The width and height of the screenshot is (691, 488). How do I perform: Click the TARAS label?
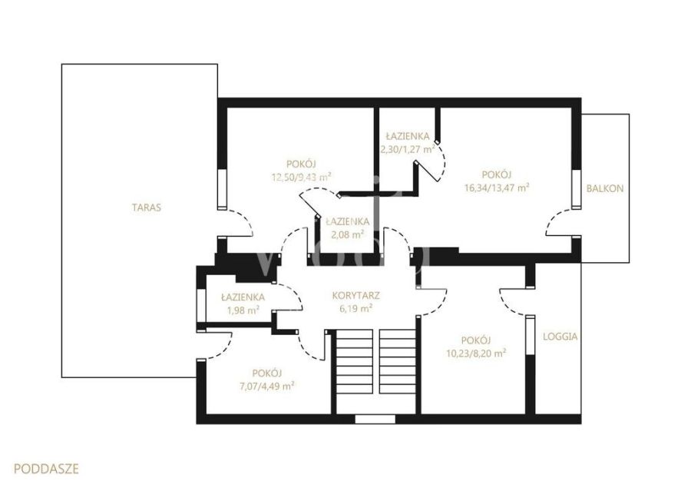147,207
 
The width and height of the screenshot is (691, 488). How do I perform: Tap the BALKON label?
605,188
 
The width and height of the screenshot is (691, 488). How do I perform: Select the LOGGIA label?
560,336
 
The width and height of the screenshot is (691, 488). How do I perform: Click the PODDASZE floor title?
46,468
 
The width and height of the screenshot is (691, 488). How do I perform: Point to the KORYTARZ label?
355,296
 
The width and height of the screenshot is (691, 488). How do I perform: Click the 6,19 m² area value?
356,309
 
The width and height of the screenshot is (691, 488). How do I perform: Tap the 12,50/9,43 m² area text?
302,178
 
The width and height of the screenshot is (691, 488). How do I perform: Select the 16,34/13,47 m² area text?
497,188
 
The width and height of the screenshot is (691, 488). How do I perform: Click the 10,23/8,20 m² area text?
476,354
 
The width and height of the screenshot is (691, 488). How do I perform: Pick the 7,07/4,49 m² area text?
267,387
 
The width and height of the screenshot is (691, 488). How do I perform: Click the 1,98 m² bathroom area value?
243,310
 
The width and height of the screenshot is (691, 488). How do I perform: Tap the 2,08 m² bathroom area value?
348,234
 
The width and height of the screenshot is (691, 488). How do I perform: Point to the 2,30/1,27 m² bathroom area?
408,149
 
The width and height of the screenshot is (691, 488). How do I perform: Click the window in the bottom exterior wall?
375,419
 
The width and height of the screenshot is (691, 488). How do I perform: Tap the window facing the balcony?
577,189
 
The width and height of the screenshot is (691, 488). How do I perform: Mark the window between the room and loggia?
531,335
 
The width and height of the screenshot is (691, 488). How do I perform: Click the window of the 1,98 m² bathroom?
201,305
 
